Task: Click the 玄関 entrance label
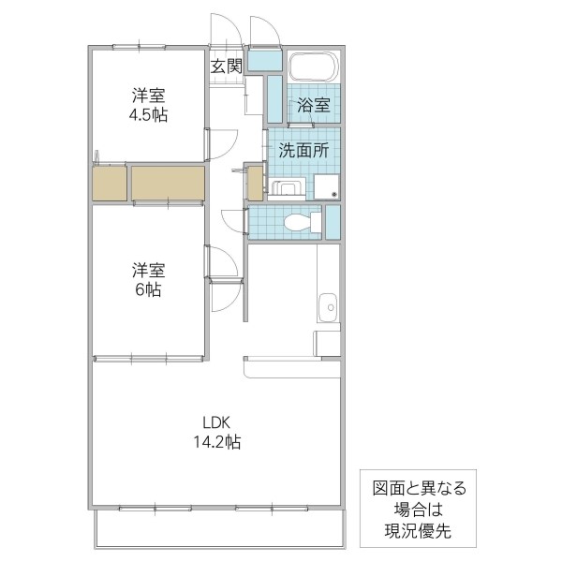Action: [226, 66]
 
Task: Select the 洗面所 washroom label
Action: [302, 150]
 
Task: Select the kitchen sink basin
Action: [328, 306]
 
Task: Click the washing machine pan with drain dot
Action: [326, 185]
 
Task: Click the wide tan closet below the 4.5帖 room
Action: [168, 184]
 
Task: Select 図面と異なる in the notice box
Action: [418, 488]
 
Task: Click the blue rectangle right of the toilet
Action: [332, 221]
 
